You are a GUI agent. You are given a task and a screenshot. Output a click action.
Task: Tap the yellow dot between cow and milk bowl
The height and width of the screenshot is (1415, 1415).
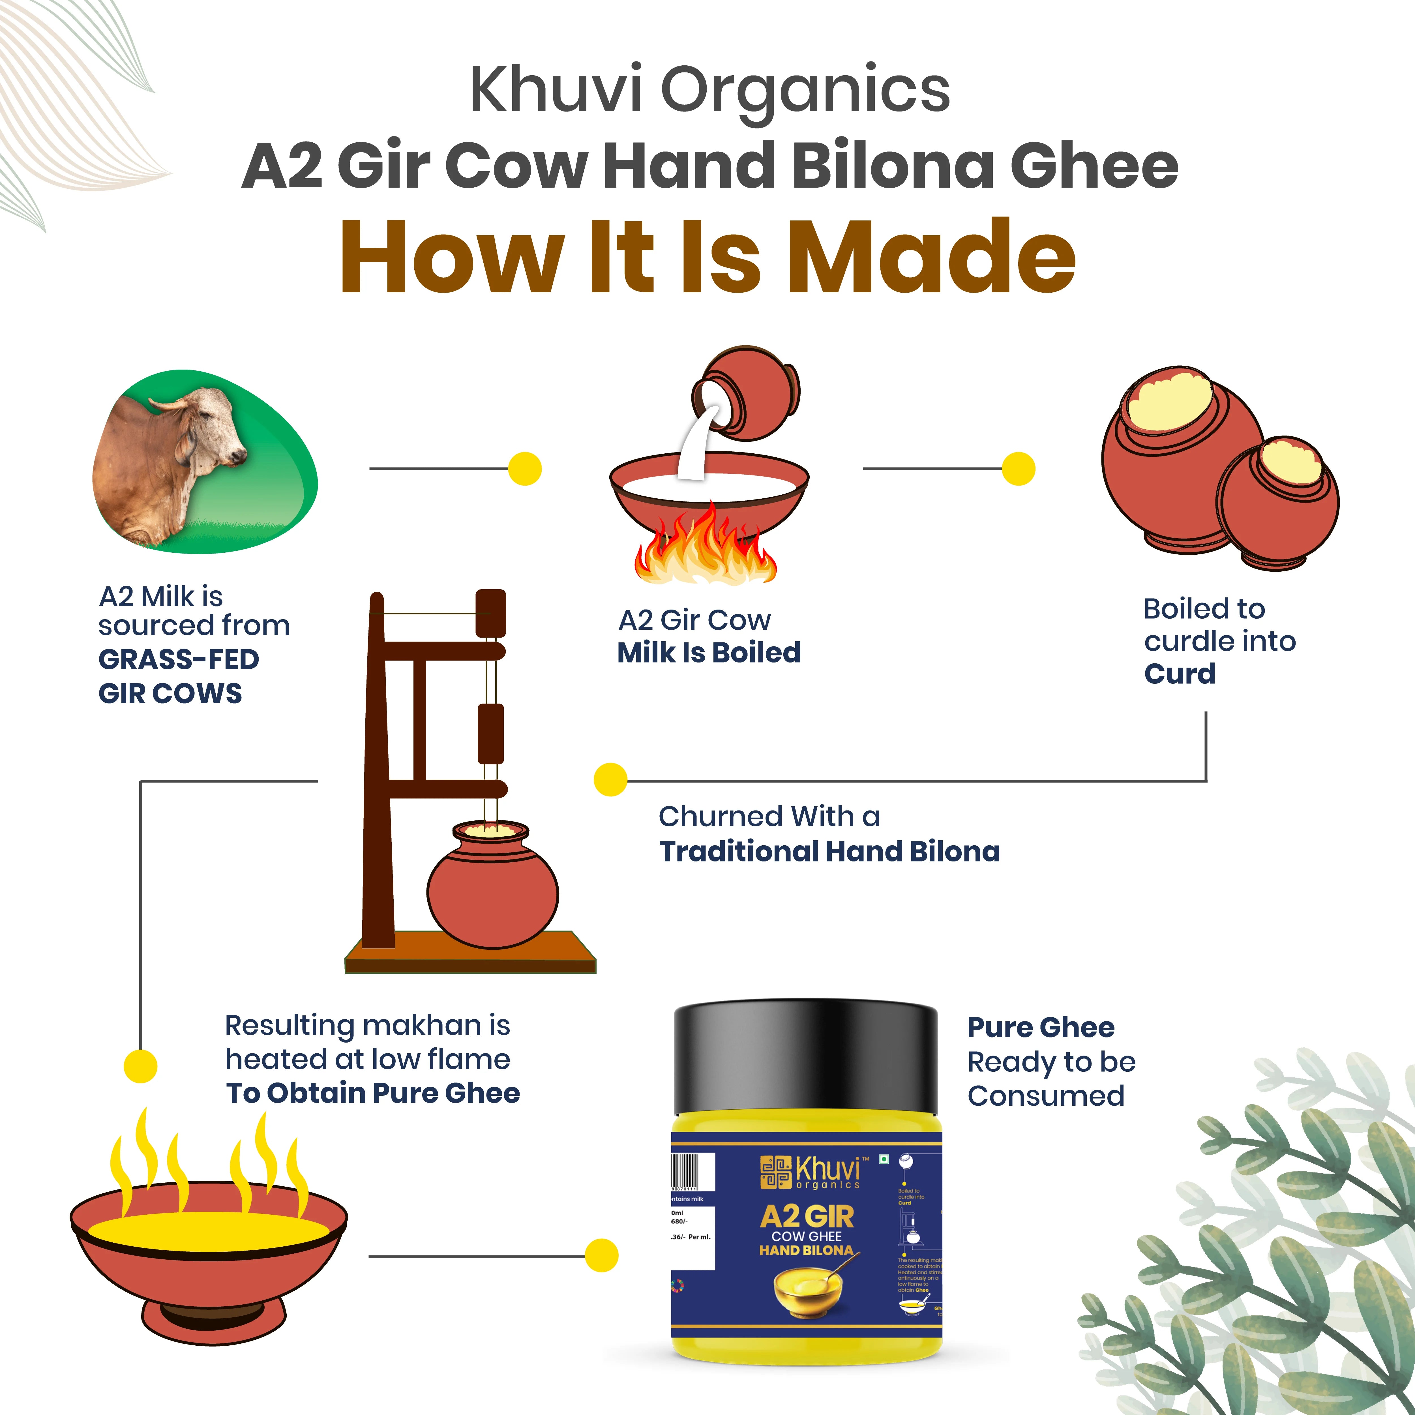(524, 469)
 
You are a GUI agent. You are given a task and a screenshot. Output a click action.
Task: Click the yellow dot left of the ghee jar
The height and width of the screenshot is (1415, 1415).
(601, 1256)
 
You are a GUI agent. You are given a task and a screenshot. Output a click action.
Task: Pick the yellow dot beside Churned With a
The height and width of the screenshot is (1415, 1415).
(610, 779)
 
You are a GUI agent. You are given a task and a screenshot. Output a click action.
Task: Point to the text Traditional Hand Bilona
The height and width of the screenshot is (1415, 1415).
(829, 852)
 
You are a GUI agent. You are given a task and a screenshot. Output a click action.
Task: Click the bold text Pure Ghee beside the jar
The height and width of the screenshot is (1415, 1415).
(1040, 1028)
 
